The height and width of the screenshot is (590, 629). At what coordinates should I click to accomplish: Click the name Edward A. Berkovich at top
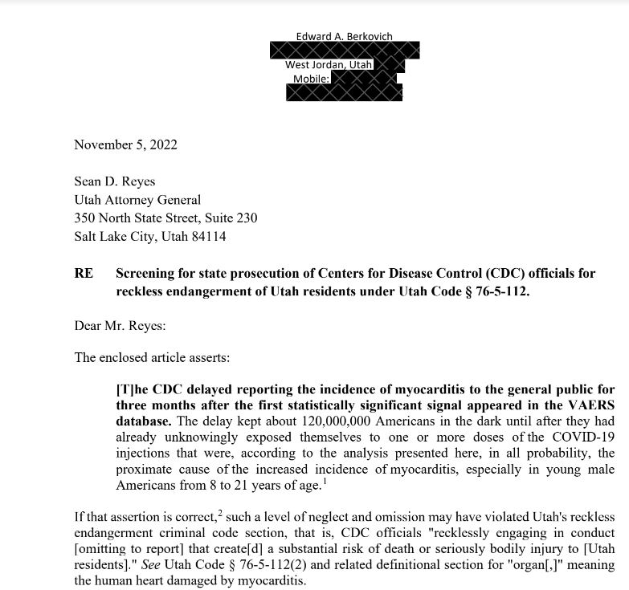point(344,36)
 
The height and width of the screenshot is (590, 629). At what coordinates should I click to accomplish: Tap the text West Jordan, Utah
point(328,65)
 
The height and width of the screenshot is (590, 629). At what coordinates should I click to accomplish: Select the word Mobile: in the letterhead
point(312,79)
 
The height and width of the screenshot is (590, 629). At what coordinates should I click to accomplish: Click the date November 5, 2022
point(125,145)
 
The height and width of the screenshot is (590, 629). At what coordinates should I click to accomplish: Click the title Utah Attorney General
point(137,200)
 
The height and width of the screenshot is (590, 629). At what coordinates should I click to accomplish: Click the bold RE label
point(84,274)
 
